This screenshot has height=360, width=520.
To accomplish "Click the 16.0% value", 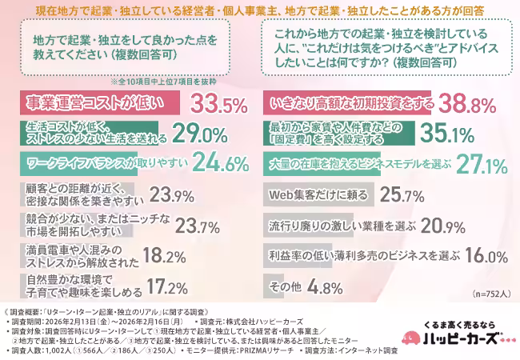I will (485, 256).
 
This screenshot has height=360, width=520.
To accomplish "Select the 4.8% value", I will (328, 286).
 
